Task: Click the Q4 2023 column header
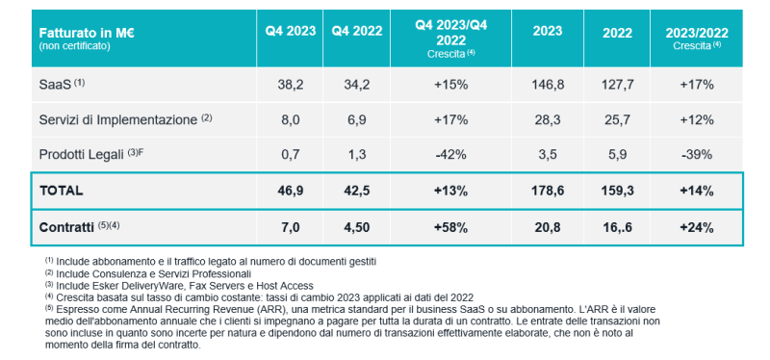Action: point(291,31)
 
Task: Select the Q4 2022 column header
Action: point(357,31)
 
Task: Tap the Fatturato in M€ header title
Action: point(87,34)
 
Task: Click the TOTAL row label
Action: point(61,191)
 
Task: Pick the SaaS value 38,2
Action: point(291,85)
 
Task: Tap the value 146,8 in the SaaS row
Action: point(548,85)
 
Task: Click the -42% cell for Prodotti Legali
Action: point(450,155)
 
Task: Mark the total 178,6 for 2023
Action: point(548,191)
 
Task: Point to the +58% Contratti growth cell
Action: point(450,227)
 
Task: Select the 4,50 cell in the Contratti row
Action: point(357,227)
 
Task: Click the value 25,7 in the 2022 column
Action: point(617,119)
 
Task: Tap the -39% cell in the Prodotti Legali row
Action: point(696,155)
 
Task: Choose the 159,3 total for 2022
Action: point(617,191)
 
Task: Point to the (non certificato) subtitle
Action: point(75,46)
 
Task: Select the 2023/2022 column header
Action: point(696,33)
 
